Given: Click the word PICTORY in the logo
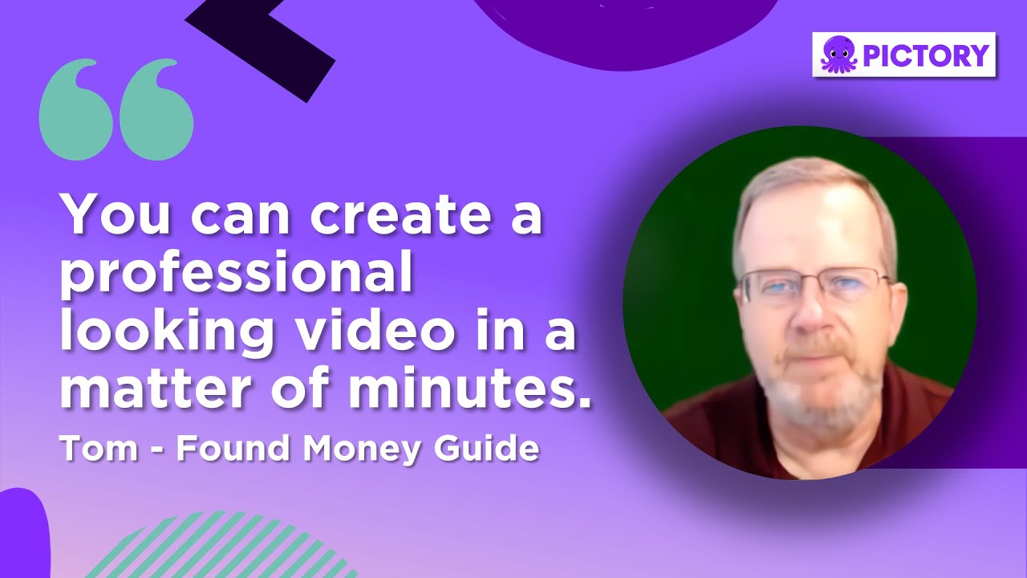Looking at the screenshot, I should click(x=926, y=55).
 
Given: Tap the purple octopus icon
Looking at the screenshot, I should click(x=838, y=55).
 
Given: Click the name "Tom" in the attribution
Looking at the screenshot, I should click(x=86, y=448).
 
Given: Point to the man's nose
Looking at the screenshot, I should click(x=810, y=309).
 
